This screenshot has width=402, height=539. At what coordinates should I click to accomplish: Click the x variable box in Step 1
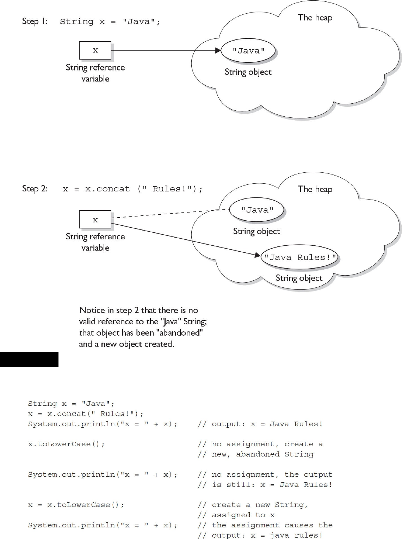[x=95, y=50]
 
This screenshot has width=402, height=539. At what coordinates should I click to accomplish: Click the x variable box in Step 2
[x=95, y=220]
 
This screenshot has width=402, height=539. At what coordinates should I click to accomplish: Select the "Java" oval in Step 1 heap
[x=248, y=51]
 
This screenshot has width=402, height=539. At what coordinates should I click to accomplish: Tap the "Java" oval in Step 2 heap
[x=257, y=210]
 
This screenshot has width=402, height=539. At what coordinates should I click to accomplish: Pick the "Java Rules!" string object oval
[x=299, y=257]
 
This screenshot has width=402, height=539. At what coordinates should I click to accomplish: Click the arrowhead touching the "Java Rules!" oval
[x=257, y=254]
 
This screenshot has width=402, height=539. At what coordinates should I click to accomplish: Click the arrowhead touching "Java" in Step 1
[x=218, y=50]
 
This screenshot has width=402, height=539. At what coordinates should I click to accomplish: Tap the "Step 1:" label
[x=35, y=21]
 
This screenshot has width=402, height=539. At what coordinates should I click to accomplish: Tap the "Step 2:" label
[x=35, y=189]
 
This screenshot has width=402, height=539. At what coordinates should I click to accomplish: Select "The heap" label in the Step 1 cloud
[x=315, y=18]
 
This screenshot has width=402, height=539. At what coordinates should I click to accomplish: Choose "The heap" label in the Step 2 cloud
[x=315, y=189]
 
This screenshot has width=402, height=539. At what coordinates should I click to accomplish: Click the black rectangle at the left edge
[x=29, y=360]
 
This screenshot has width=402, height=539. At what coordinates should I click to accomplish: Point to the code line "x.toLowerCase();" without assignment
[x=66, y=444]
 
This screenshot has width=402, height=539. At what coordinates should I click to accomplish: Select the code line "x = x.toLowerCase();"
[x=76, y=505]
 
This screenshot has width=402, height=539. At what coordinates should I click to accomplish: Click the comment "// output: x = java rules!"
[x=260, y=535]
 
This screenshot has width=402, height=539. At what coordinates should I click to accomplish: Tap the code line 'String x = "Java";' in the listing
[x=71, y=404]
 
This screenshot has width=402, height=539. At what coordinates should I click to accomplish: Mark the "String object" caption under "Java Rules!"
[x=299, y=278]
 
